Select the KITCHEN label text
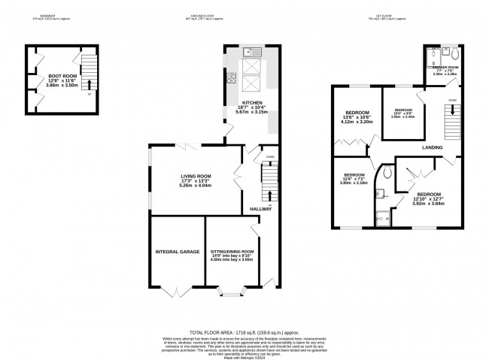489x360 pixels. (x=251, y=102)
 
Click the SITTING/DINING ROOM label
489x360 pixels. (x=232, y=251)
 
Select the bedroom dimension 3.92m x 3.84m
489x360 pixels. (x=428, y=204)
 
